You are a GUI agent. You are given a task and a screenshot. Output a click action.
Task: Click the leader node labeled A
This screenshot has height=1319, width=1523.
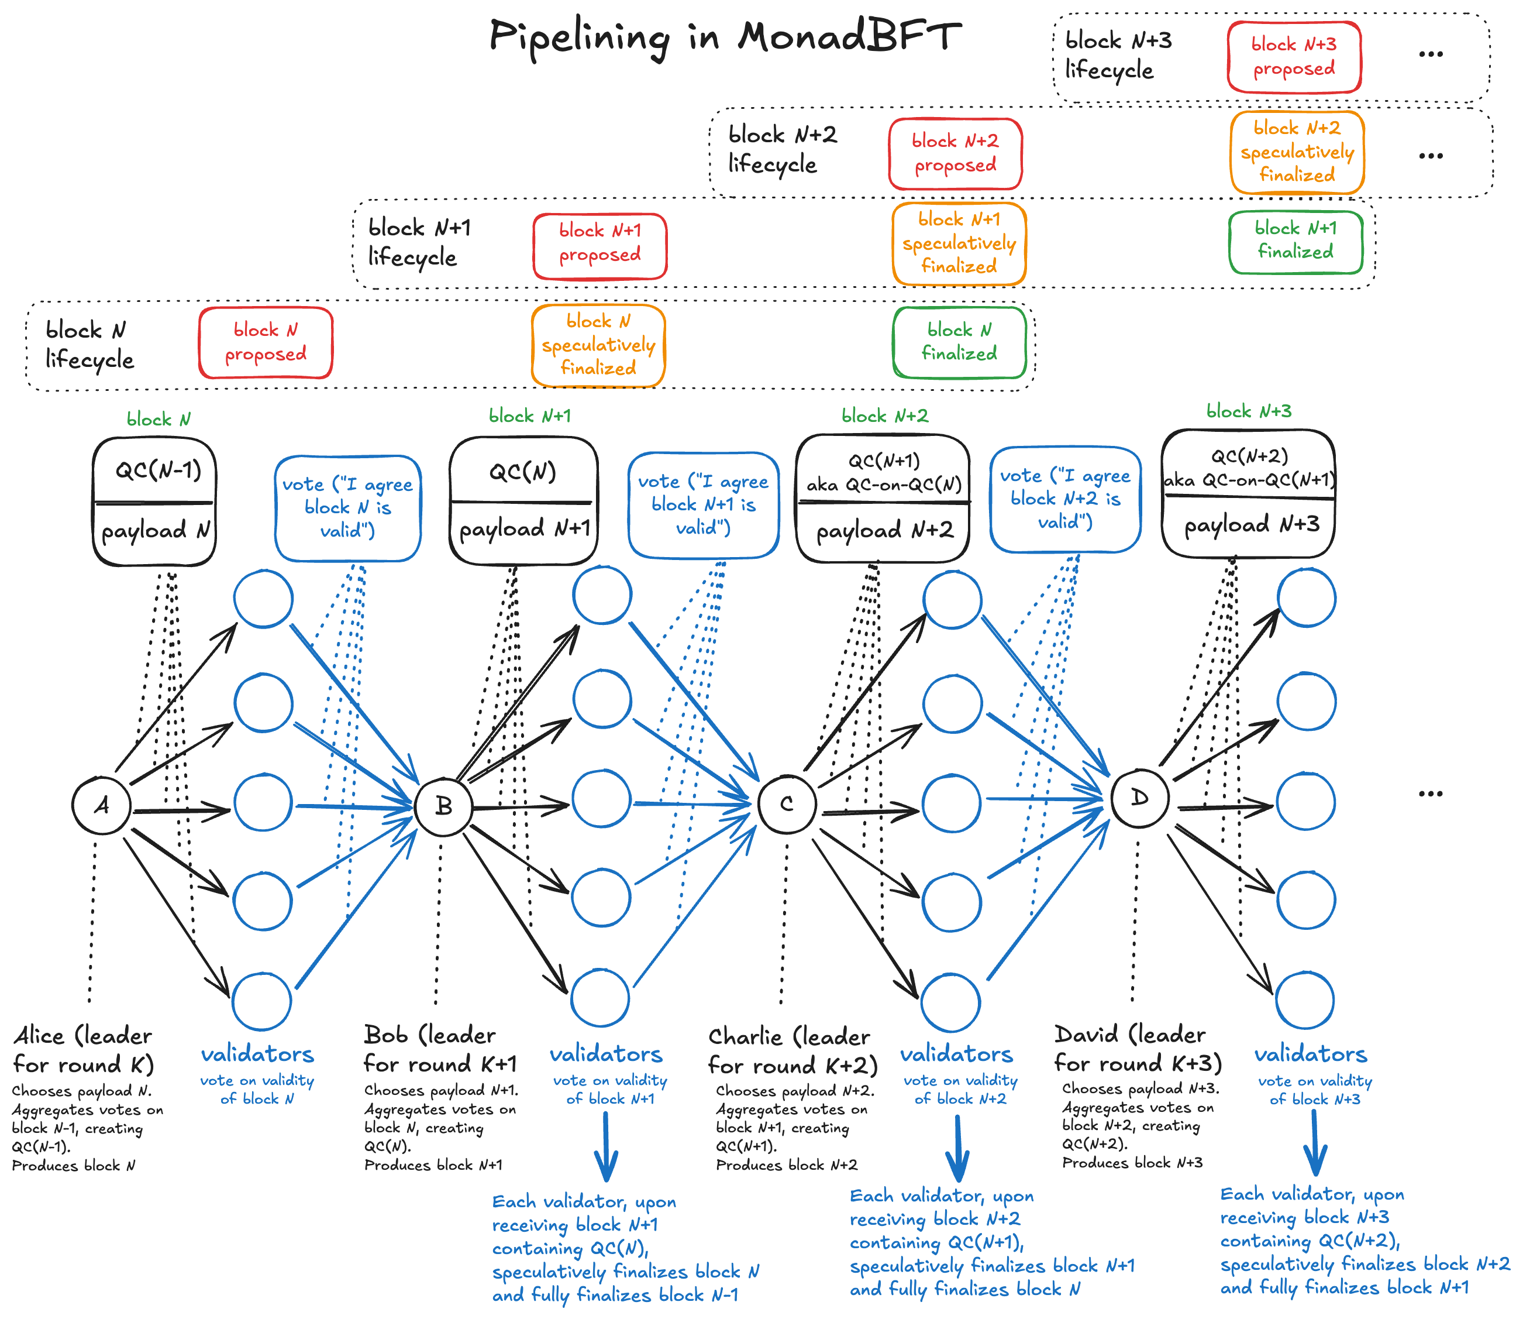tap(102, 805)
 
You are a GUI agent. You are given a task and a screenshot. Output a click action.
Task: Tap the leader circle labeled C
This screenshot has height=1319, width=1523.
tap(787, 804)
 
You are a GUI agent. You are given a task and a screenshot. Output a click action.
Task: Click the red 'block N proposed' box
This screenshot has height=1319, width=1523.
tap(266, 343)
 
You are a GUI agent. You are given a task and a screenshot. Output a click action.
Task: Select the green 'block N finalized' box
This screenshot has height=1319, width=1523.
tap(959, 342)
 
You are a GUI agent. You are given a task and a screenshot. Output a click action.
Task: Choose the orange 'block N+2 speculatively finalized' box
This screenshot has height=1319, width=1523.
tap(1297, 152)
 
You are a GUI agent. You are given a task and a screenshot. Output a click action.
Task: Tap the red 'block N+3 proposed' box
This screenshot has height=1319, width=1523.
tap(1294, 57)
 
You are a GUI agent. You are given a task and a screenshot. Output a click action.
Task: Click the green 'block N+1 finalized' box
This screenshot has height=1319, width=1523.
tap(1295, 241)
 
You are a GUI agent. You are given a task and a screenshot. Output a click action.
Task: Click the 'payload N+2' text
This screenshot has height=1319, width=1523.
tap(884, 531)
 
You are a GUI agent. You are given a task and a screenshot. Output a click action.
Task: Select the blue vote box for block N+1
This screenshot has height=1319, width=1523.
tap(704, 505)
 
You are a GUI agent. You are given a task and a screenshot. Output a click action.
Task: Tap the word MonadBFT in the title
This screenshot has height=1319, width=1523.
tap(849, 37)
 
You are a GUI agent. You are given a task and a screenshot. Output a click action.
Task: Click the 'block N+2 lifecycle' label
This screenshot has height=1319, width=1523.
tap(782, 149)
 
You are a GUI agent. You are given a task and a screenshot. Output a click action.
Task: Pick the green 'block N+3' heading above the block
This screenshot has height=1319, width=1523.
tap(1249, 411)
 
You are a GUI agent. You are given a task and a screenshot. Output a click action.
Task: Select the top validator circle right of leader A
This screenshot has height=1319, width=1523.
tap(263, 599)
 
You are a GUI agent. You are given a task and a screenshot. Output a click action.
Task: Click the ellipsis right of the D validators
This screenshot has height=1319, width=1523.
tap(1430, 794)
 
